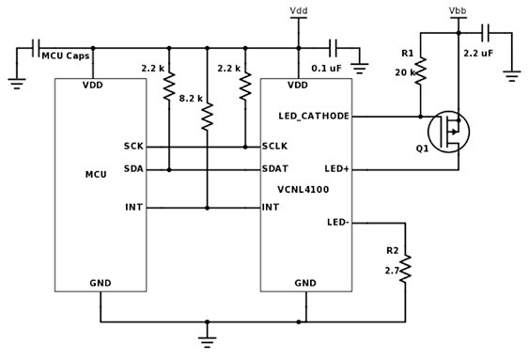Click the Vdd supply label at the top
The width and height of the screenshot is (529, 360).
(298, 11)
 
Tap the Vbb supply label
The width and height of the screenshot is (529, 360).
(459, 11)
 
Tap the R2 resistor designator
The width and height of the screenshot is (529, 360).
(391, 251)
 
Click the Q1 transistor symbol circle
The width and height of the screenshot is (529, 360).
(449, 133)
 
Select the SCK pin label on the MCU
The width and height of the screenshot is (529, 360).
(132, 147)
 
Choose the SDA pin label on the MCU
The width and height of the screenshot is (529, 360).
(132, 169)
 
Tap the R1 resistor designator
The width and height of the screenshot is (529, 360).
(407, 54)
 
